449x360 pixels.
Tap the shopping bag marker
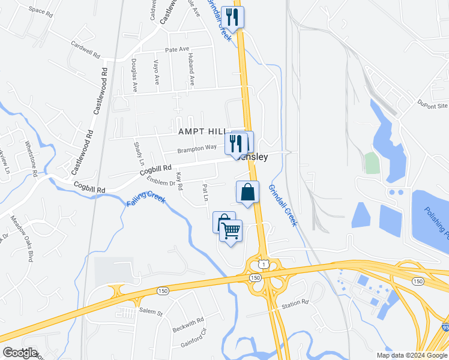(x=247, y=193)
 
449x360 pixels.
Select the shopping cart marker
(x=231, y=230)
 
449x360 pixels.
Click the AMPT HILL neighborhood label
(x=201, y=131)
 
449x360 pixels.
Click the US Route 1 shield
(x=263, y=263)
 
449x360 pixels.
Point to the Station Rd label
(x=295, y=304)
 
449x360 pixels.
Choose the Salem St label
(x=151, y=313)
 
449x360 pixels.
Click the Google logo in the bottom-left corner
(x=20, y=353)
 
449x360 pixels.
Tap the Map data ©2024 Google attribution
(x=412, y=355)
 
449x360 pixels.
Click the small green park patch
(x=372, y=163)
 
